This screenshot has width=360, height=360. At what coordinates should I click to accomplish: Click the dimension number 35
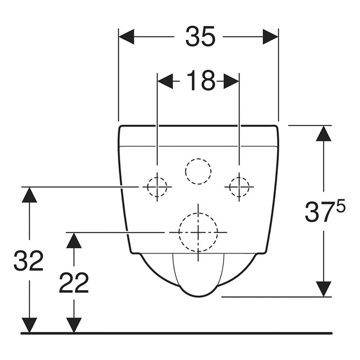pyautogui.click(x=200, y=36)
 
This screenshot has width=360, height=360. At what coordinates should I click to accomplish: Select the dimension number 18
pyautogui.click(x=201, y=80)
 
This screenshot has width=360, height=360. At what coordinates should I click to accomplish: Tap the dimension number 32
pyautogui.click(x=28, y=260)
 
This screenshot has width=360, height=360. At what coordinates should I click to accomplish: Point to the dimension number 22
pyautogui.click(x=74, y=283)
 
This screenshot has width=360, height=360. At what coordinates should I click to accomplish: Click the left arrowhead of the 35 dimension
pyautogui.click(x=126, y=36)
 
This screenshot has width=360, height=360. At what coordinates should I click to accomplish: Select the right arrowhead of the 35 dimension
pyautogui.click(x=270, y=36)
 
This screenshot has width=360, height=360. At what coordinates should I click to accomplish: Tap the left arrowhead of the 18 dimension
pyautogui.click(x=165, y=81)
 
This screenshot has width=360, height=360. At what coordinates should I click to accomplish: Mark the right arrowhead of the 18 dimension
pyautogui.click(x=231, y=81)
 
